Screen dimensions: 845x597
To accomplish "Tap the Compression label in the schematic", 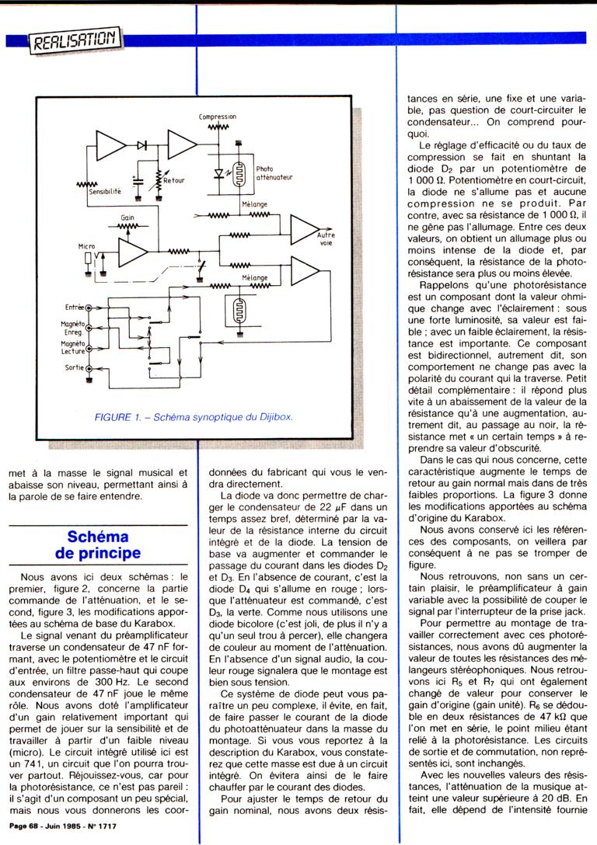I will tap(217, 116).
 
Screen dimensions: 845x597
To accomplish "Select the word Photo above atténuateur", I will tap(264, 169).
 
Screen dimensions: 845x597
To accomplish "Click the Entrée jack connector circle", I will tap(89, 308).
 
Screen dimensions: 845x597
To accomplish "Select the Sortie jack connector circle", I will tap(89, 368).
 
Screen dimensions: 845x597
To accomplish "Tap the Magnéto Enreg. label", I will tap(73, 327).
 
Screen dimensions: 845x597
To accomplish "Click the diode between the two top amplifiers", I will tap(142, 145).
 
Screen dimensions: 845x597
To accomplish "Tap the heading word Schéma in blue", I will tap(98, 537).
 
